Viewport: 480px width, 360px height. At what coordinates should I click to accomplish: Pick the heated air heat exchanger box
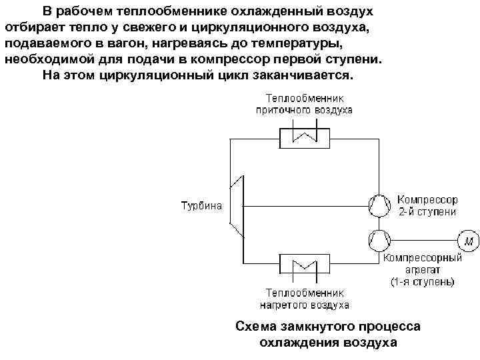304,270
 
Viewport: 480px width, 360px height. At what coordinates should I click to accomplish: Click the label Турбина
202,205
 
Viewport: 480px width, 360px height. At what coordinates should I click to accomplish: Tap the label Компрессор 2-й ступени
427,205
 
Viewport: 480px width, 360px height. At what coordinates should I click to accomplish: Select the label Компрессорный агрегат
421,257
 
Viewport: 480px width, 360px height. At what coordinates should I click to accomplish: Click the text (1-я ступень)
422,282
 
